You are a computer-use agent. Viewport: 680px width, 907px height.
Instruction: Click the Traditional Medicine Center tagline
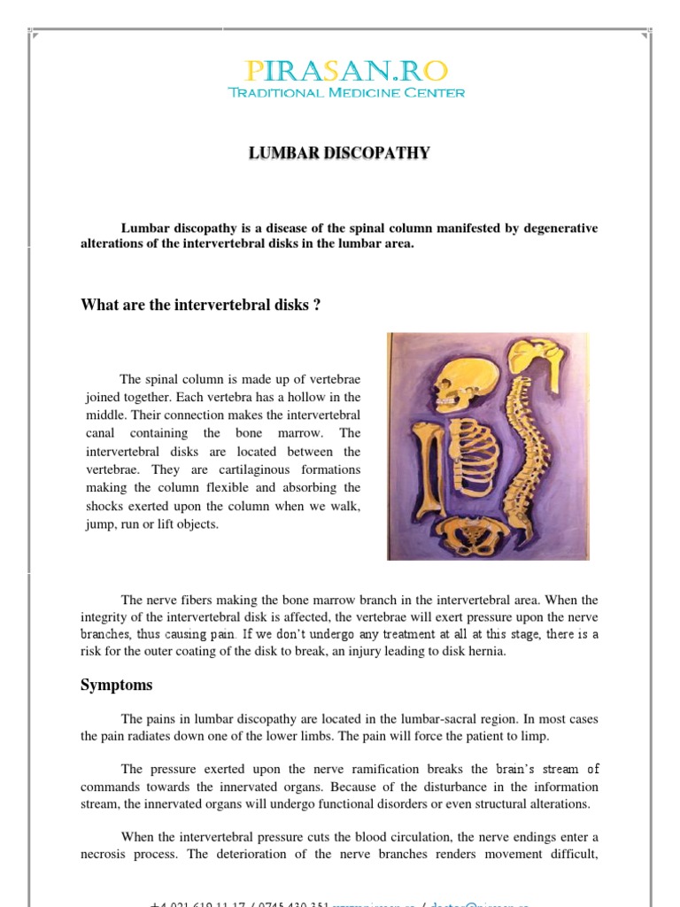[346, 93]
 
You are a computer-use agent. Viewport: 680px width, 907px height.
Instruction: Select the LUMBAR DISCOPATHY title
[339, 153]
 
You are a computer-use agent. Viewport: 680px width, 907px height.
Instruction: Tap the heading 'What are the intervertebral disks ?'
[200, 305]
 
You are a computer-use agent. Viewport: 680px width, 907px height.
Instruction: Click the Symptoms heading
[116, 685]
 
